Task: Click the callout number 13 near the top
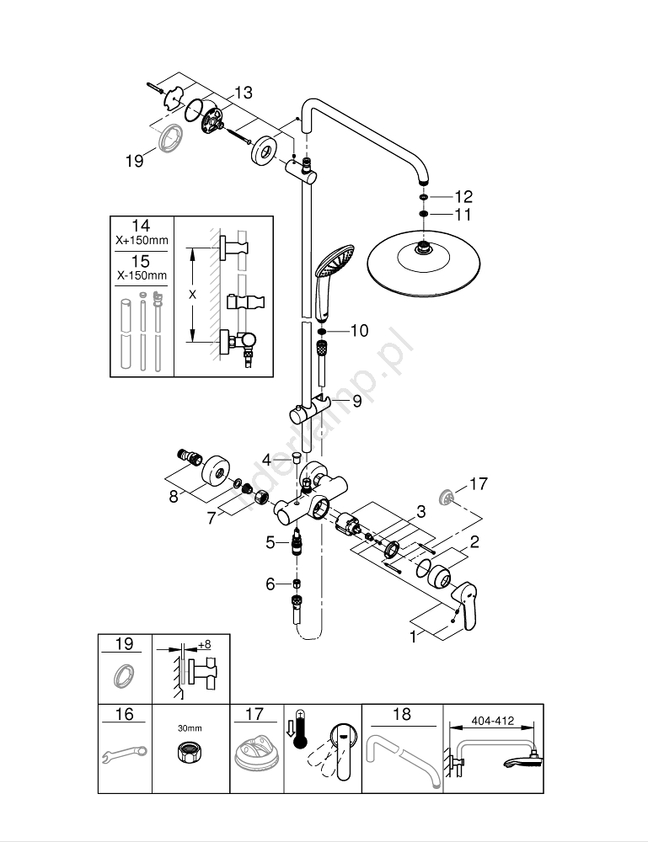[x=243, y=93]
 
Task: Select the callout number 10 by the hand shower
[x=359, y=331]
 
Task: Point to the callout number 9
[x=356, y=402]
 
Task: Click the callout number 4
[x=266, y=460]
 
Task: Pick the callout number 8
[x=174, y=497]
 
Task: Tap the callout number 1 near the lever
[x=413, y=637]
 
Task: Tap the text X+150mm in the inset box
[x=142, y=241]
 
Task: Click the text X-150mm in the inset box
[x=142, y=275]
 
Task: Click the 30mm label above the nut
[x=190, y=727]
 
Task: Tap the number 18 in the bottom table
[x=402, y=714]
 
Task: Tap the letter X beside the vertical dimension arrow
[x=193, y=295]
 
